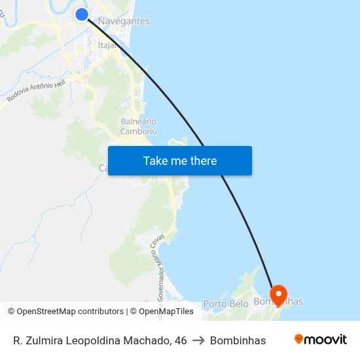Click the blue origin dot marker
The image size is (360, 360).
(82, 14)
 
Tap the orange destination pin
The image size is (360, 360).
(278, 294)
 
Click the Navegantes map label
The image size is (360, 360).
(124, 22)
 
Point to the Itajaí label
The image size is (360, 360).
(107, 45)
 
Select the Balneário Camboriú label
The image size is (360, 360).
(139, 126)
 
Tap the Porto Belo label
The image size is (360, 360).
(225, 304)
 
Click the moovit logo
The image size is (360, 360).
(320, 340)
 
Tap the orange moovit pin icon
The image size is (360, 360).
(299, 339)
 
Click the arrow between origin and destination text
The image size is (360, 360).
(198, 340)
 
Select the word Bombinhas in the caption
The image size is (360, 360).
(238, 340)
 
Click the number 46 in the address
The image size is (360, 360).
(180, 340)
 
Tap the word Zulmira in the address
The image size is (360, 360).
(43, 340)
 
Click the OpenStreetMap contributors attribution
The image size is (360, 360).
(67, 312)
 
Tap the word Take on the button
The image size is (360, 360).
(156, 161)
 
